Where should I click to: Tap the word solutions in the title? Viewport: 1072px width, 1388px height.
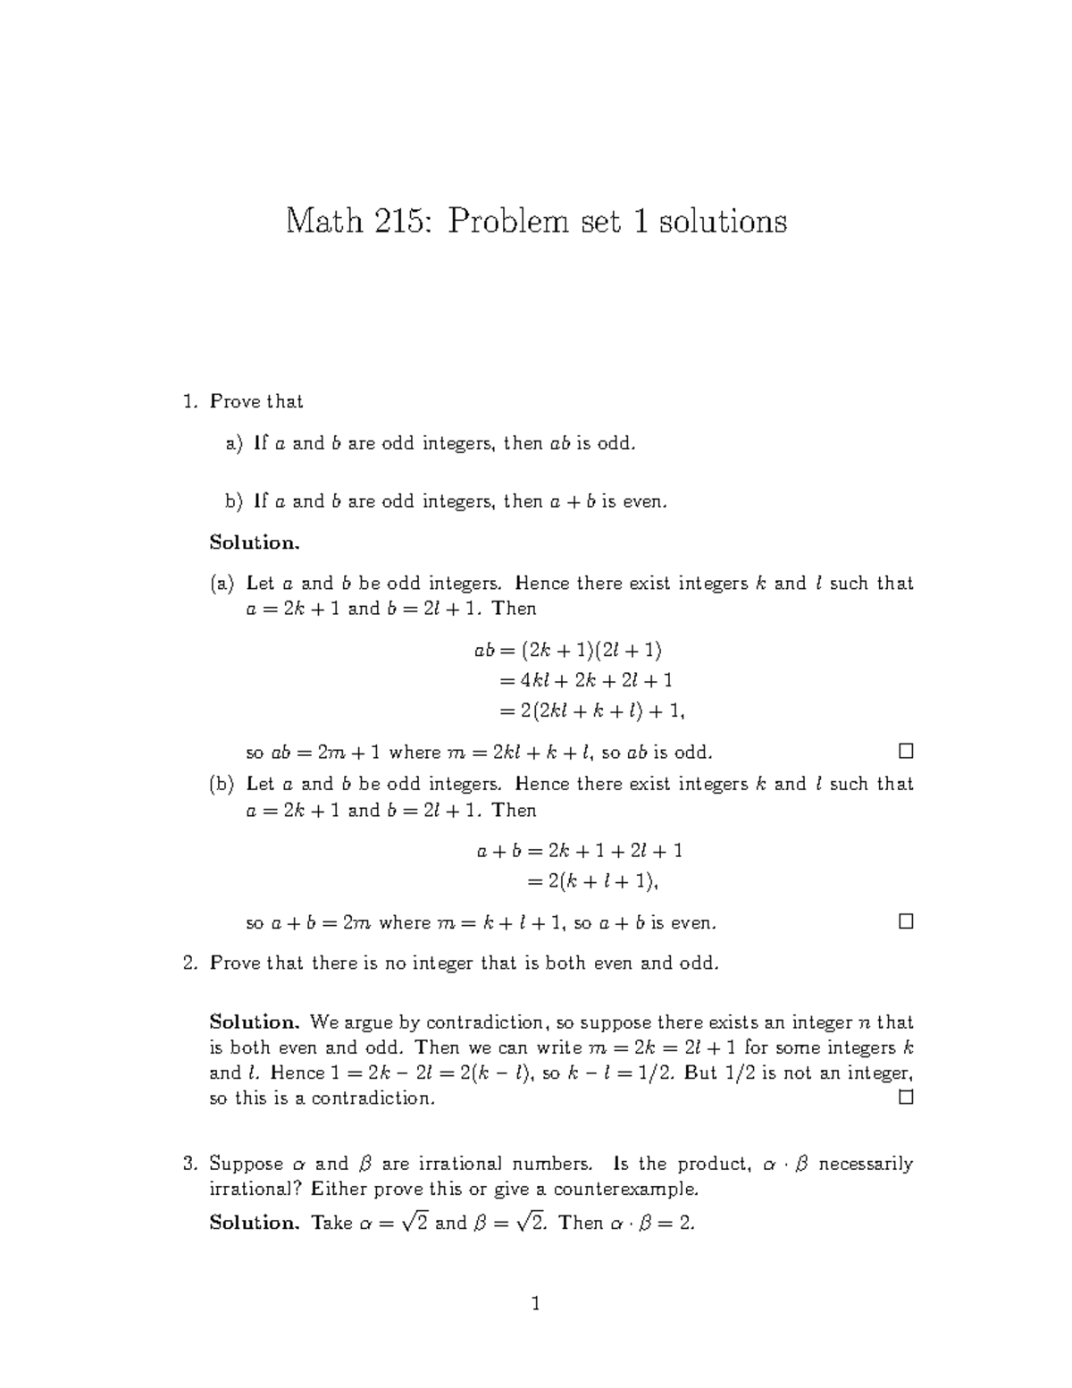pyautogui.click(x=723, y=221)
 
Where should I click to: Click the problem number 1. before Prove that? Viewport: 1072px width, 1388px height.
pyautogui.click(x=188, y=402)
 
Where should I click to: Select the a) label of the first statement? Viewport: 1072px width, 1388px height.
pyautogui.click(x=234, y=443)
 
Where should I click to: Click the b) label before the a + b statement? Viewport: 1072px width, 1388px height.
pyautogui.click(x=234, y=501)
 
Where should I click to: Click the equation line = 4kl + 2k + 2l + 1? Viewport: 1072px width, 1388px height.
pyautogui.click(x=586, y=680)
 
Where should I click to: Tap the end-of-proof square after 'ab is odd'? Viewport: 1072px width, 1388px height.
pyautogui.click(x=905, y=750)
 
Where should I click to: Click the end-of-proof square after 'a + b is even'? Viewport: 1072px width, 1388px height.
pyautogui.click(x=905, y=921)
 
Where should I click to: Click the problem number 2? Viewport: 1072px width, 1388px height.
pyautogui.click(x=188, y=963)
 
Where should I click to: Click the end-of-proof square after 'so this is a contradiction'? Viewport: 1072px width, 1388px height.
pyautogui.click(x=905, y=1097)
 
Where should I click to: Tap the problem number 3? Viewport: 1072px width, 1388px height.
pyautogui.click(x=188, y=1164)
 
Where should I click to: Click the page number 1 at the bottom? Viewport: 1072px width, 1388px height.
pyautogui.click(x=536, y=1304)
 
